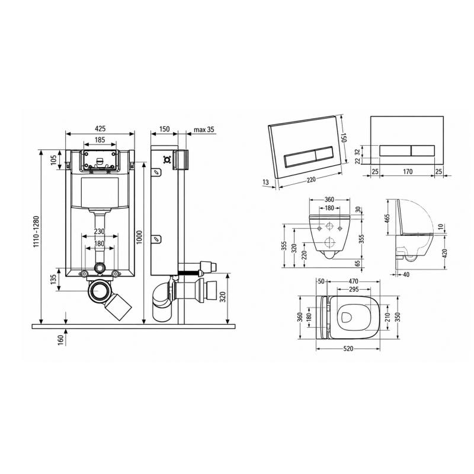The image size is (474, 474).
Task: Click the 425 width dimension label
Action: pyautogui.click(x=100, y=129)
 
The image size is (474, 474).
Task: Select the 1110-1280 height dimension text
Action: pyautogui.click(x=36, y=232)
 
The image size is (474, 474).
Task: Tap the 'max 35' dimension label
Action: pyautogui.click(x=204, y=129)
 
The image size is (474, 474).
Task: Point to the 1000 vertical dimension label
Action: pyautogui.click(x=139, y=238)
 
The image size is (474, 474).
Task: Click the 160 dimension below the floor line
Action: pyautogui.click(x=61, y=340)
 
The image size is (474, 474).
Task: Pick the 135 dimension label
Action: pyautogui.click(x=53, y=279)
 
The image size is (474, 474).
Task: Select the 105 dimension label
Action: pyautogui.click(x=53, y=160)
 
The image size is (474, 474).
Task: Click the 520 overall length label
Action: pyautogui.click(x=348, y=348)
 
